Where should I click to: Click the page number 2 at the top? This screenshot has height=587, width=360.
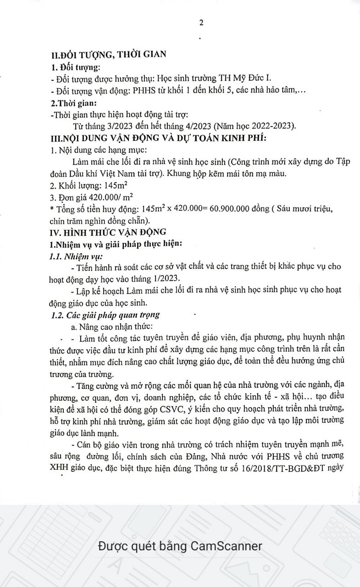coord(201,23)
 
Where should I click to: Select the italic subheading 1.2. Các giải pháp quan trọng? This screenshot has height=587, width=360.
coord(105,315)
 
